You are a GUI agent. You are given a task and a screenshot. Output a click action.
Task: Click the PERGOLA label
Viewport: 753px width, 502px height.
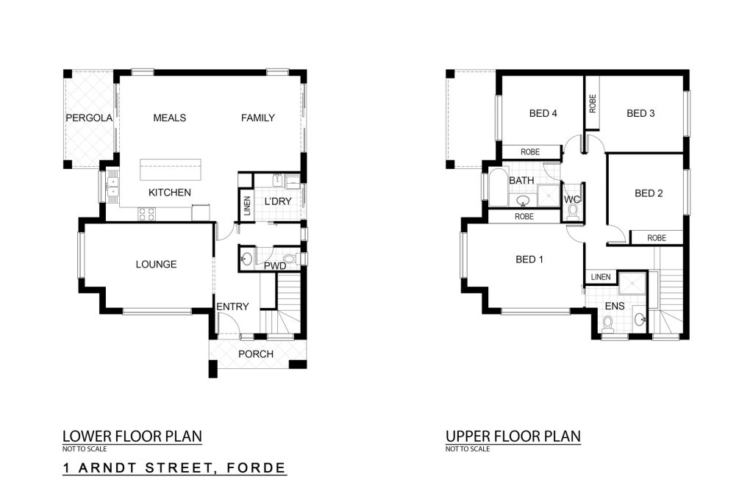(x=89, y=118)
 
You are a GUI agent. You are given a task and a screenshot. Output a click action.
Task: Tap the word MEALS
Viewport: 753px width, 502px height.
(x=170, y=118)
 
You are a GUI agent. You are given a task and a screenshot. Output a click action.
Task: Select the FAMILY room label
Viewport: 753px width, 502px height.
(x=258, y=118)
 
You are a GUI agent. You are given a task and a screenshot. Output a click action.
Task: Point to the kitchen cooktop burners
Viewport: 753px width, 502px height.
(x=147, y=214)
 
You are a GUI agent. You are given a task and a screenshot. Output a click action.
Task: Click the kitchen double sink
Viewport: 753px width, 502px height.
(x=113, y=187)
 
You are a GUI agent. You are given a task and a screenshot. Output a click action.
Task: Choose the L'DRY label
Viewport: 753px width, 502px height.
(x=278, y=201)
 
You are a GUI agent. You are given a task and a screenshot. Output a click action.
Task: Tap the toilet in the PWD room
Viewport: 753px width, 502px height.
(x=290, y=259)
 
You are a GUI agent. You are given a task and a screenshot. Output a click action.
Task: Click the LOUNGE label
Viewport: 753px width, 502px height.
(x=156, y=264)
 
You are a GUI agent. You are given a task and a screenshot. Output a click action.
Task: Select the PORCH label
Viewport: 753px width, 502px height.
(x=256, y=354)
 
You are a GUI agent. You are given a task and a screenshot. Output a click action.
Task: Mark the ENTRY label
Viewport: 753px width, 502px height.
(x=232, y=306)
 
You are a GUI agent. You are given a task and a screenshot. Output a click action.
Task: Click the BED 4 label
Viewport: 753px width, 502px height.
(x=543, y=113)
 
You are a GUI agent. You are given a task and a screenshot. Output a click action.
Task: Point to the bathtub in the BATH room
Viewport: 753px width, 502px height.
(x=498, y=187)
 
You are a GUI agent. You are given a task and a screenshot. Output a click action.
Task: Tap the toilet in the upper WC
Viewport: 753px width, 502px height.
(x=572, y=212)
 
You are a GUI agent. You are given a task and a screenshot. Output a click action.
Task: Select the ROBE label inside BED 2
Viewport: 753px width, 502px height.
(x=657, y=238)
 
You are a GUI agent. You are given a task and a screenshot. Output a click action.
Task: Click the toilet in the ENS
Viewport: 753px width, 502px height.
(x=608, y=324)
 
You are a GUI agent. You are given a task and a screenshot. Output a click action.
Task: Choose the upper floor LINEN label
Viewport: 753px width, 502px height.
(x=601, y=277)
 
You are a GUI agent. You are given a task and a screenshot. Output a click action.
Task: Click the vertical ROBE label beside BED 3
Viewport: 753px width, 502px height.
(x=592, y=103)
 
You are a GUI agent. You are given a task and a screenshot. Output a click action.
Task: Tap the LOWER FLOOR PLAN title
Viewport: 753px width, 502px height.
(x=132, y=437)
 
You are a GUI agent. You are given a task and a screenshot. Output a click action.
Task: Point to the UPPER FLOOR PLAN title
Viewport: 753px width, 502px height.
(x=513, y=437)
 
